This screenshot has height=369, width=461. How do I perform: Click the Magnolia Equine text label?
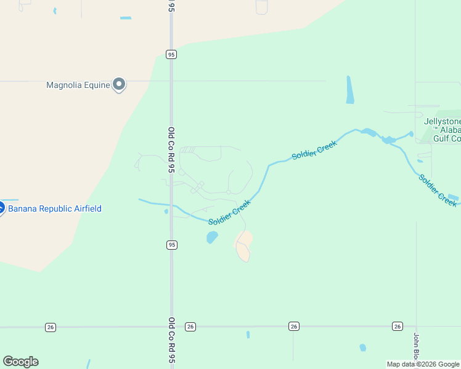point(78,85)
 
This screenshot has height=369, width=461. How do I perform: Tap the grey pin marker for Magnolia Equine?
point(120,84)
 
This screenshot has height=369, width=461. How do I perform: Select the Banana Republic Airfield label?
point(54,208)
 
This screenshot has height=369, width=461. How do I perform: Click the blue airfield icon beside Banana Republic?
point(1,208)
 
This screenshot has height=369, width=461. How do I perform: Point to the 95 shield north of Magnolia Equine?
point(171,54)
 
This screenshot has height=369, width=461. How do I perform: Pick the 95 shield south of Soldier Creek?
point(171,245)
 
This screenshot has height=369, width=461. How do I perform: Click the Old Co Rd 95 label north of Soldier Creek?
point(171,149)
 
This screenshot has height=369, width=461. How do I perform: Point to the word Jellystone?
point(442,121)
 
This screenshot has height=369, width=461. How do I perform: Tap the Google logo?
point(20,362)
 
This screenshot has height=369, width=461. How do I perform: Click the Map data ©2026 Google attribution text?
point(423,364)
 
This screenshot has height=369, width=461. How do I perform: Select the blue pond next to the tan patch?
point(212,237)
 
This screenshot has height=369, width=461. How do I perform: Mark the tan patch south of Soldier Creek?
point(244,245)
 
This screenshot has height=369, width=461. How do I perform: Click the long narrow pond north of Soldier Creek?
point(350,90)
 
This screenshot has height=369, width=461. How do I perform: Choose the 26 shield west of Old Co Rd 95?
point(50,327)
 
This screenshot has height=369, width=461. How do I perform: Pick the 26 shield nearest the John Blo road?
point(397,326)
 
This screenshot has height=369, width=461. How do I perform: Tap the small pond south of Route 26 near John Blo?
point(362,347)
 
